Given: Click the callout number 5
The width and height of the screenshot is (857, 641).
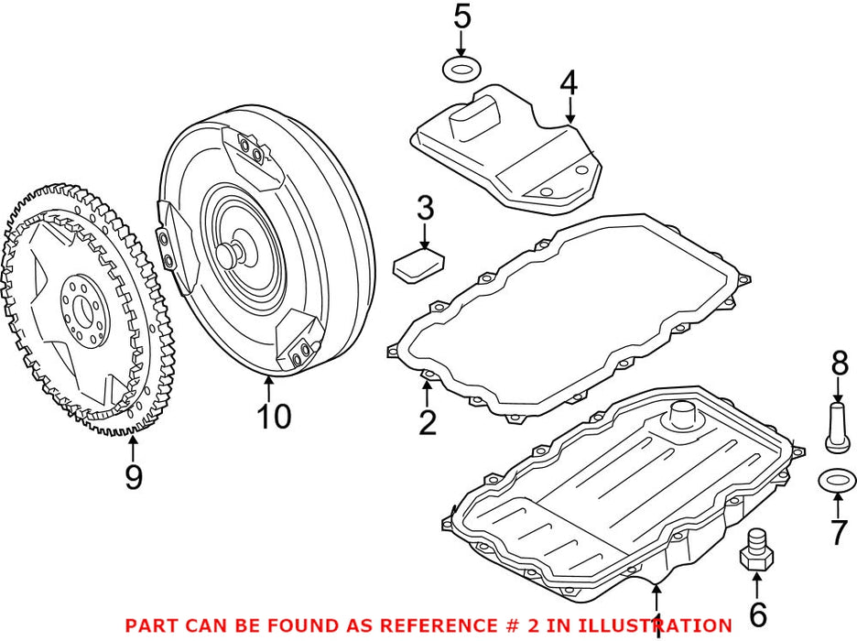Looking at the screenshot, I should (462, 16).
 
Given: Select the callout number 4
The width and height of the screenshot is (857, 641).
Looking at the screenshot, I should (569, 83).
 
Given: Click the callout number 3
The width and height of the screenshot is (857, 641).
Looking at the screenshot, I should (425, 209).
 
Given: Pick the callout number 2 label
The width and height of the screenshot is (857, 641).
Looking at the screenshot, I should (428, 423).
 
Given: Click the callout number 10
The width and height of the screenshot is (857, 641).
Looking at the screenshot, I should (273, 417).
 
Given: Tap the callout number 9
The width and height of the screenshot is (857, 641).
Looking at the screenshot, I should (134, 476).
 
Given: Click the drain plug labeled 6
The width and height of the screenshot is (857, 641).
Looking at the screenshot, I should (755, 553).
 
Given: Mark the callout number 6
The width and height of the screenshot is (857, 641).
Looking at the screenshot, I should (757, 615).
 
